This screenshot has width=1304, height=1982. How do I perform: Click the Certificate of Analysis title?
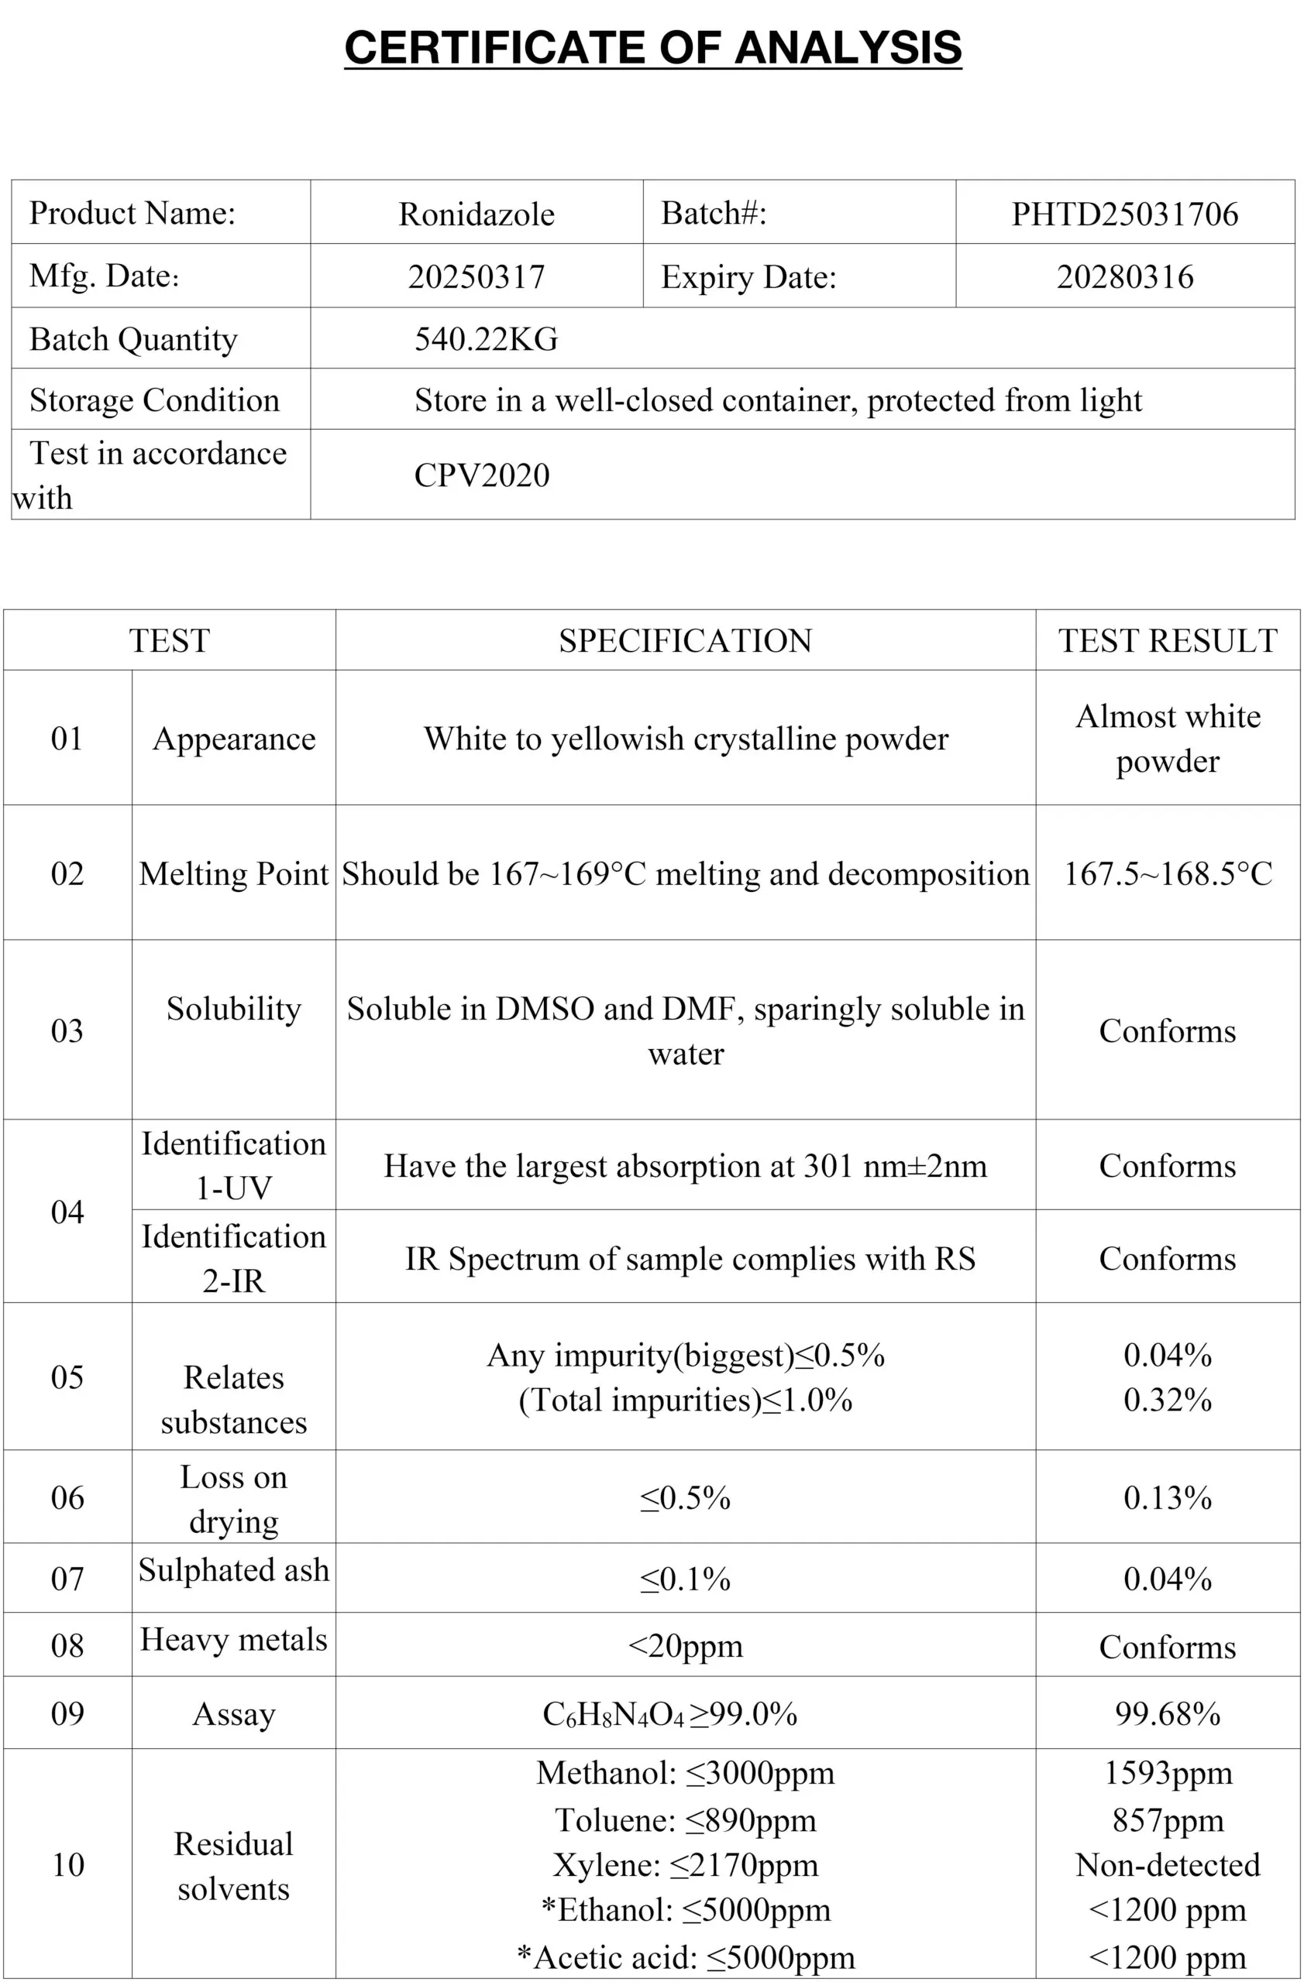tap(652, 47)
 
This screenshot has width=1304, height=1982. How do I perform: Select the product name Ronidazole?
tap(476, 214)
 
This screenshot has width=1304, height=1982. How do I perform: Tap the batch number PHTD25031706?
tap(1124, 214)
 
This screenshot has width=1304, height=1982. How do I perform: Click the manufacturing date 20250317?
tap(476, 276)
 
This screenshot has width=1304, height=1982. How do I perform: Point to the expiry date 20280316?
tap(1124, 276)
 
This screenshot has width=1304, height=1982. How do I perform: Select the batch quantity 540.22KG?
tap(486, 339)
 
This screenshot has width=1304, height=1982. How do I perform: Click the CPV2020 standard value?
tap(482, 475)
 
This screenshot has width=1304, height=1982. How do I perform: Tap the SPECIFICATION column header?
tap(685, 640)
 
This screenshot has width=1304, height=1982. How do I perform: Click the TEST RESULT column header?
tap(1168, 640)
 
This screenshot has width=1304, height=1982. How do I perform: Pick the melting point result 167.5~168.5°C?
tap(1168, 873)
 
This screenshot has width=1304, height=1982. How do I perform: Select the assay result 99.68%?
tap(1168, 1714)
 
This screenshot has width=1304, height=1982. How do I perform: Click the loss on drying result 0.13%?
tap(1168, 1498)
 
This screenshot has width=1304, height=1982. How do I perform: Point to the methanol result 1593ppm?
tap(1168, 1773)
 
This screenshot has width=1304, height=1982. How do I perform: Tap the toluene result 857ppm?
tap(1168, 1820)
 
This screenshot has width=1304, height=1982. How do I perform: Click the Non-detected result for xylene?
tap(1168, 1865)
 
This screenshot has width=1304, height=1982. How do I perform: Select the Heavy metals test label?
tap(233, 1640)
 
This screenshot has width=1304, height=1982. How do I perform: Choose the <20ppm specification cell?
tap(685, 1647)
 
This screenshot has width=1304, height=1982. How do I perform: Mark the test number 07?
tap(67, 1579)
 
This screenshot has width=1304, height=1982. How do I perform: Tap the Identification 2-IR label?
tap(233, 1258)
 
